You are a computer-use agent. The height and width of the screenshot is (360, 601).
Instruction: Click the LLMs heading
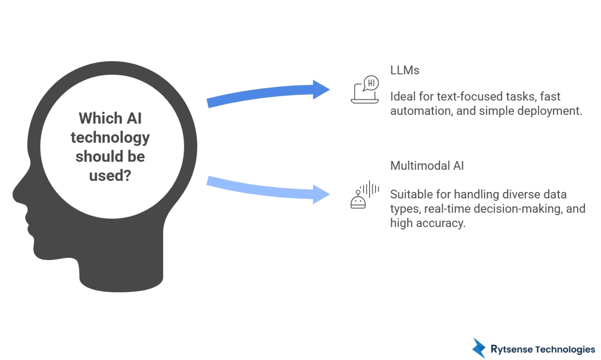[x=404, y=70]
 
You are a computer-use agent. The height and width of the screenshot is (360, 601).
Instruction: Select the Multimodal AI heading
[x=427, y=166]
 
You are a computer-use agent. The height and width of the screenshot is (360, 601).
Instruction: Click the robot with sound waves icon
[x=364, y=195]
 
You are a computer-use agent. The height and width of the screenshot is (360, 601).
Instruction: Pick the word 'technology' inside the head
[x=110, y=138]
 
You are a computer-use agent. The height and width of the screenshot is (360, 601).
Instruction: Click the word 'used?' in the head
[x=110, y=176]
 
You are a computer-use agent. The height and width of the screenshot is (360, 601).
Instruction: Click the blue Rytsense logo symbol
[x=479, y=348]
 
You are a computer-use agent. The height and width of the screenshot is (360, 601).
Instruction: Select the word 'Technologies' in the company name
[x=565, y=349]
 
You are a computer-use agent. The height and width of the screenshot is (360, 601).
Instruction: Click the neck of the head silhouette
[x=121, y=271]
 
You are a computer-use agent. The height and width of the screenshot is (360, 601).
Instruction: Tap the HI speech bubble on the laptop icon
[x=371, y=83]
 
